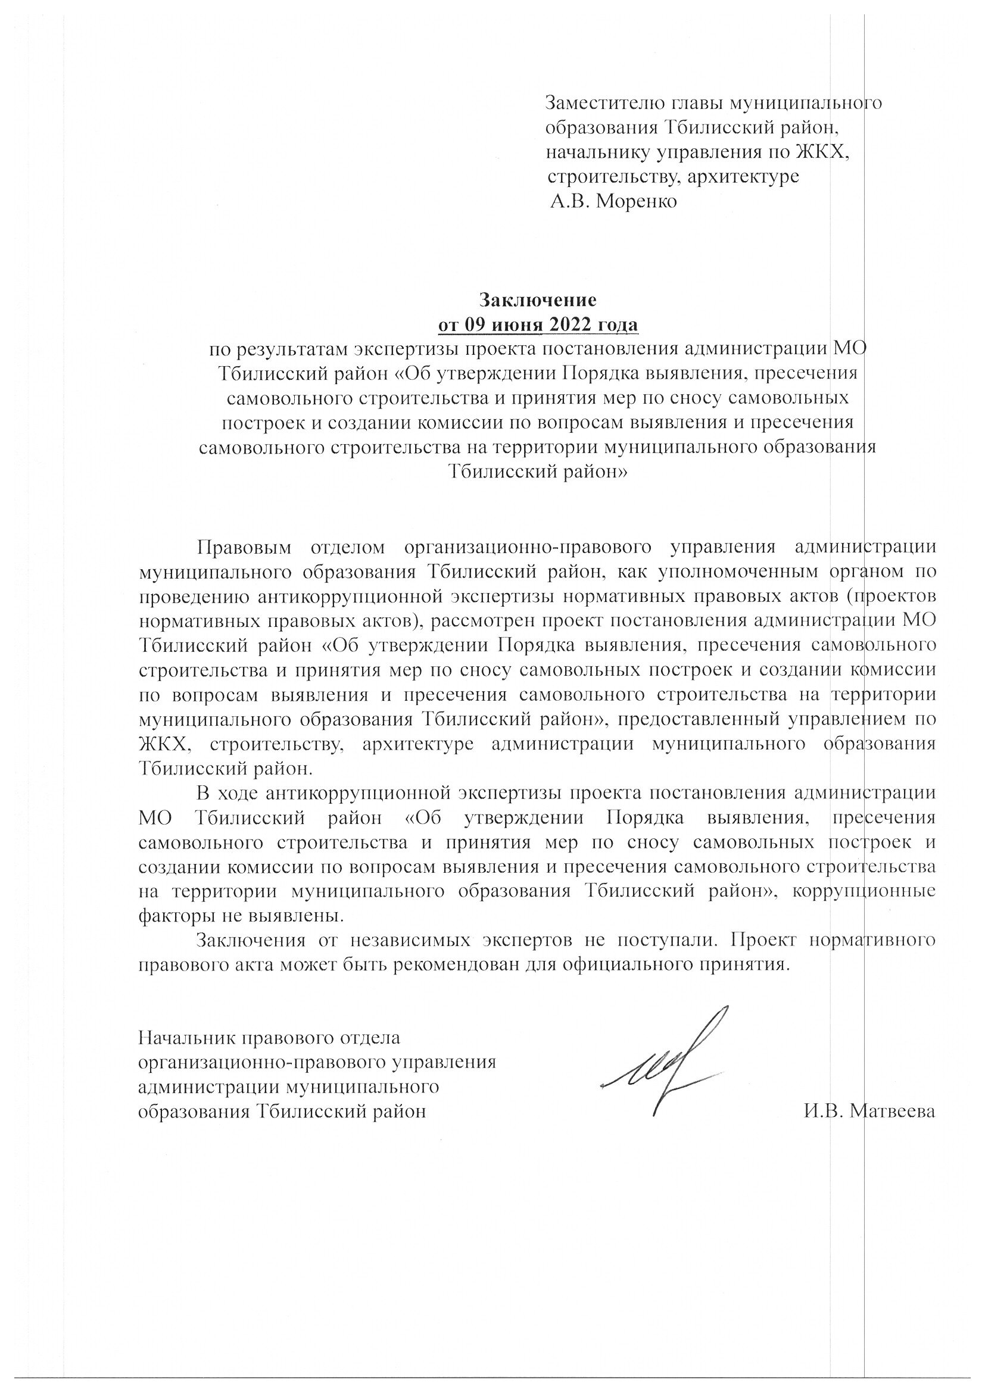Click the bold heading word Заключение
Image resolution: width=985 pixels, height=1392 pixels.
point(538,300)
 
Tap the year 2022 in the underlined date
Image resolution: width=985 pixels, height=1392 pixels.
point(565,325)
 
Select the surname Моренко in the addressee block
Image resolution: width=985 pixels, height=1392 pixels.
point(637,201)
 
